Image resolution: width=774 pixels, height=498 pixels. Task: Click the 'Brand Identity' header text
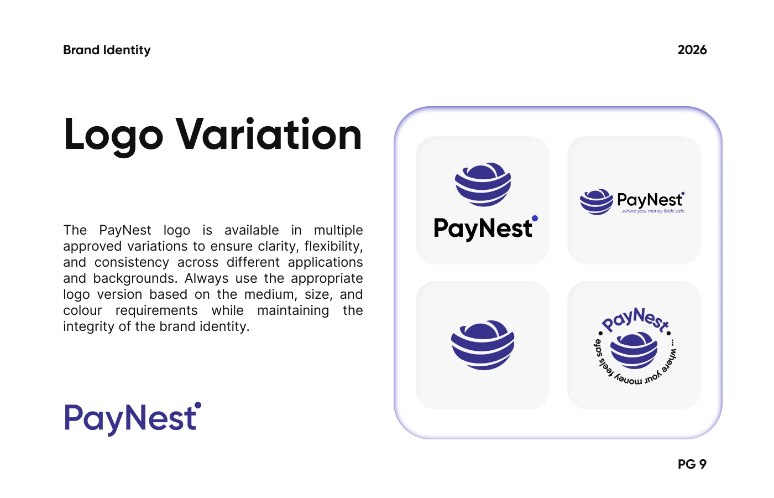tap(107, 50)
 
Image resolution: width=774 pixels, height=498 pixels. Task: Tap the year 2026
tap(692, 50)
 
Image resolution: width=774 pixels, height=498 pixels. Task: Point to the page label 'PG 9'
tap(692, 464)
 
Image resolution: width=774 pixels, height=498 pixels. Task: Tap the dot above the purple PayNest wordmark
tap(198, 405)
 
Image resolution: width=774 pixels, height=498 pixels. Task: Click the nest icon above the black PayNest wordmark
tap(483, 185)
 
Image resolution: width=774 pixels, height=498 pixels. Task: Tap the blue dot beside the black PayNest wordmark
tap(535, 218)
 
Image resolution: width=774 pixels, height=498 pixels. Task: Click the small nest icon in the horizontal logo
tap(597, 201)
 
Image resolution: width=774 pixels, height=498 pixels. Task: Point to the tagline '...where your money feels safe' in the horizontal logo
tap(652, 211)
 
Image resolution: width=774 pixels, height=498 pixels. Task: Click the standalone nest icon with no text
tap(483, 345)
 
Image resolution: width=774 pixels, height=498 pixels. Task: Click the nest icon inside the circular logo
tap(634, 350)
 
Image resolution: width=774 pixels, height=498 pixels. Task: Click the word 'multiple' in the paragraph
tap(338, 230)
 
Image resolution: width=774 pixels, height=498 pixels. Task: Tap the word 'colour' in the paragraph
tap(82, 310)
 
